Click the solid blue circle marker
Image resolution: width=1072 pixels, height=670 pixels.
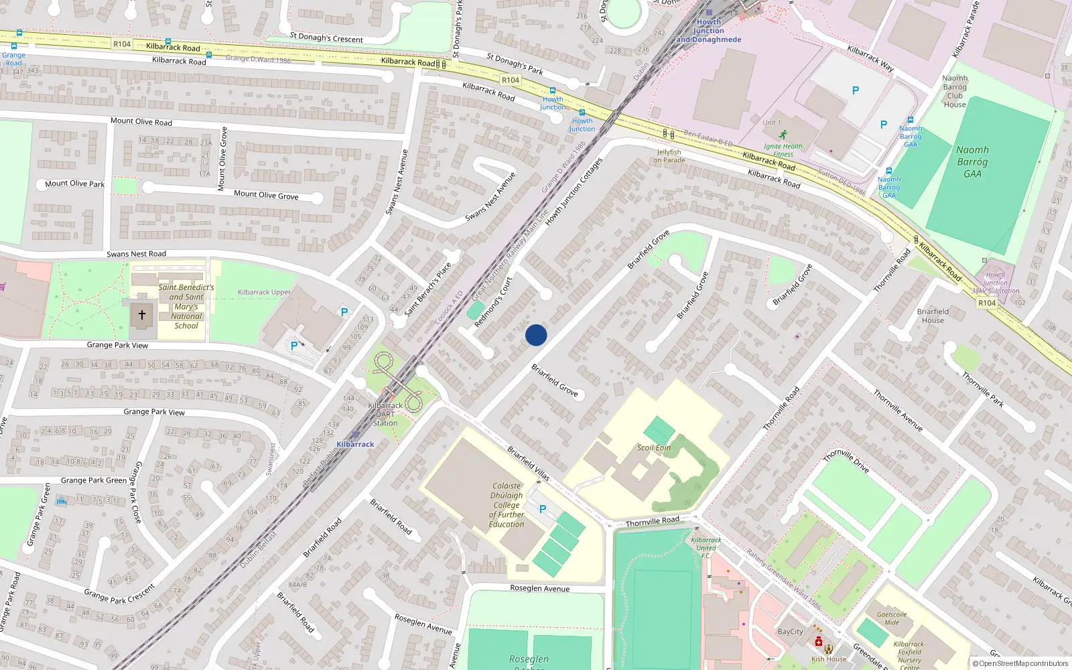click(536, 335)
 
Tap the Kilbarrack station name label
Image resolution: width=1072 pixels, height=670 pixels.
click(355, 444)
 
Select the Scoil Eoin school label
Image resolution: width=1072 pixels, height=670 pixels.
click(653, 448)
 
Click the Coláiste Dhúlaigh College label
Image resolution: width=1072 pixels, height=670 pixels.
click(507, 505)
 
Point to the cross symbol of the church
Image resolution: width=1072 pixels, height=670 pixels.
click(141, 314)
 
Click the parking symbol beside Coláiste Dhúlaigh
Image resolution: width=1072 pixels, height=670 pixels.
click(543, 509)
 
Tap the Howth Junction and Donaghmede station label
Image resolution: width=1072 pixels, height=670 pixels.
click(709, 31)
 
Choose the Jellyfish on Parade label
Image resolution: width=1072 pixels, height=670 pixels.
click(669, 156)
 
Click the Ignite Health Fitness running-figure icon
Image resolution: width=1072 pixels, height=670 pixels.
click(783, 135)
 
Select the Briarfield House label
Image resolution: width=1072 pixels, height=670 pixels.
click(933, 316)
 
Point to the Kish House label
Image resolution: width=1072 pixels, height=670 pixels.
click(829, 659)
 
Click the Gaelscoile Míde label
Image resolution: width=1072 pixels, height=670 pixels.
click(892, 618)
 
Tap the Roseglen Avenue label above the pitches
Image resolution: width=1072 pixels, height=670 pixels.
click(540, 588)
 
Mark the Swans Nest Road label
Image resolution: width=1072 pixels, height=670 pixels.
click(136, 254)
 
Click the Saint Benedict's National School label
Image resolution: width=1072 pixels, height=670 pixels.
click(186, 307)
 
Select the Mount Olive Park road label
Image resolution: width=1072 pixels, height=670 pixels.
click(74, 184)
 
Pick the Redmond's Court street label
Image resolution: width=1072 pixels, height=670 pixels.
click(492, 302)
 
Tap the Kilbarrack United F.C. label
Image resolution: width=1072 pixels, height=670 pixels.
click(706, 547)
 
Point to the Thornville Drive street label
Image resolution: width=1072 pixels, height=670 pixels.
click(846, 461)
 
